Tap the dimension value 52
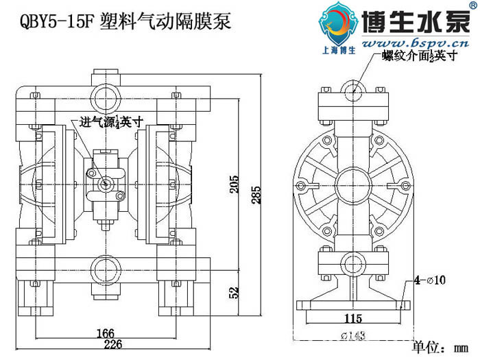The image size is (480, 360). pyautogui.click(x=235, y=291)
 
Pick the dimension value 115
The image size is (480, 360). pyautogui.click(x=353, y=319)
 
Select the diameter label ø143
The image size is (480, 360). pyautogui.click(x=354, y=335)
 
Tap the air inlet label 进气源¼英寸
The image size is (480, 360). pyautogui.click(x=111, y=123)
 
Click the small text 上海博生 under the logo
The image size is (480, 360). pyautogui.click(x=338, y=49)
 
